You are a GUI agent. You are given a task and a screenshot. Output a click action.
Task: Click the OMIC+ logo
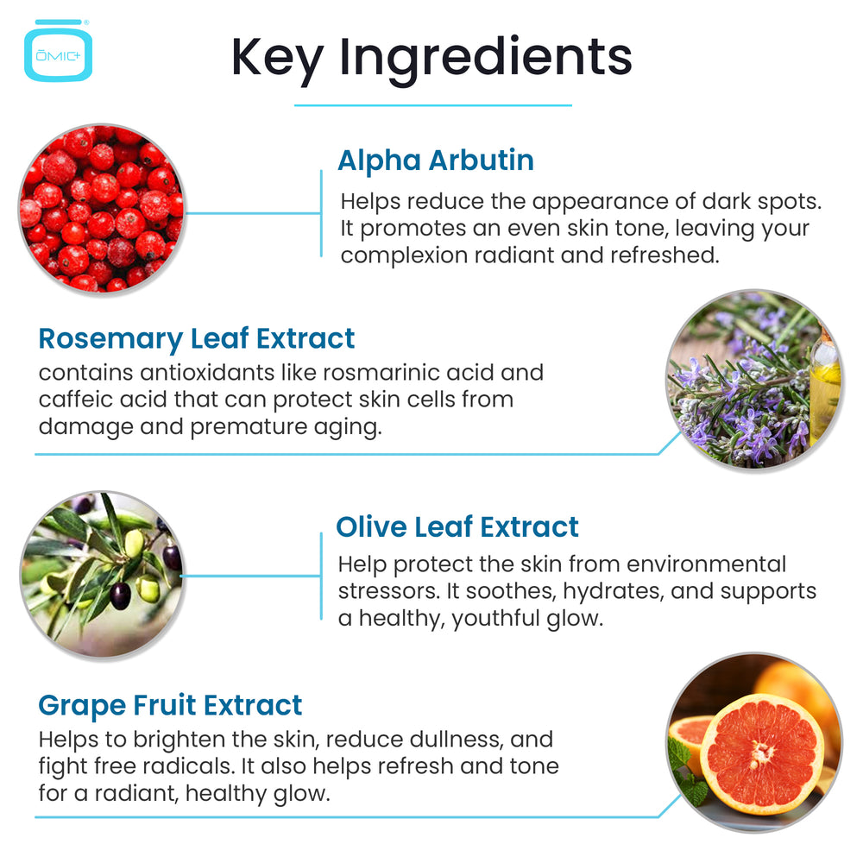pos(58,51)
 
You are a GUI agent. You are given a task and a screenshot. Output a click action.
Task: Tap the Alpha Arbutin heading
pos(436,161)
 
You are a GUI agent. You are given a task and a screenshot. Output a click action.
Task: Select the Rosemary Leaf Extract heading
pos(197,338)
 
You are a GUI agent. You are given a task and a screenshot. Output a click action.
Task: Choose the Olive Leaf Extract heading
pos(457,526)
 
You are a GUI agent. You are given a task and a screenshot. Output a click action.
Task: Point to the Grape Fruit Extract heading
pos(170,706)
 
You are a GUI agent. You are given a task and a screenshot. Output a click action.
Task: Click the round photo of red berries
pos(102,208)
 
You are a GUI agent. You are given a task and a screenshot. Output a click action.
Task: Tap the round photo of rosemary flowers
pos(754,379)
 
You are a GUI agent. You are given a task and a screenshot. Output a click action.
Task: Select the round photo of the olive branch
pos(102,574)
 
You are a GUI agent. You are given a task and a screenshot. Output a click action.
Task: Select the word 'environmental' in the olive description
pos(706,564)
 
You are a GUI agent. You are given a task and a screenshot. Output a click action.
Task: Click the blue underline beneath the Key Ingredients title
pos(433,105)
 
